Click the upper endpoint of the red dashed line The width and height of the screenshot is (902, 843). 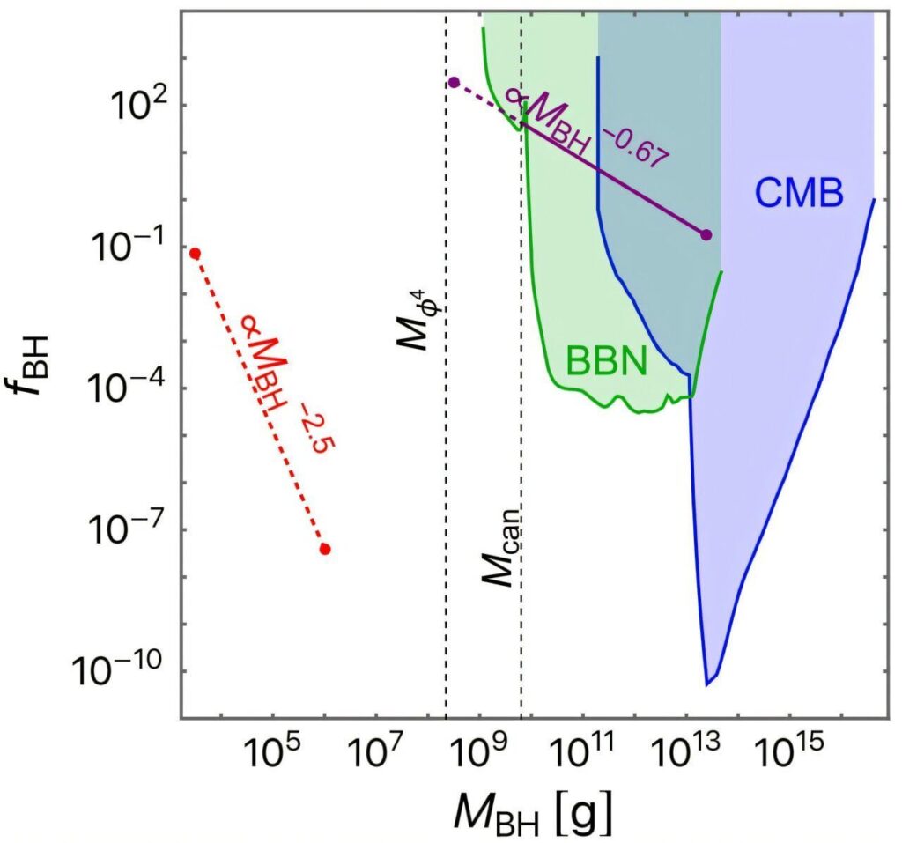[x=196, y=254]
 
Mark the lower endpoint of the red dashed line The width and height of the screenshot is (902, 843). [x=325, y=550]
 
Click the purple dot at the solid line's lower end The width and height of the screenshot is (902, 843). [x=706, y=234]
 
